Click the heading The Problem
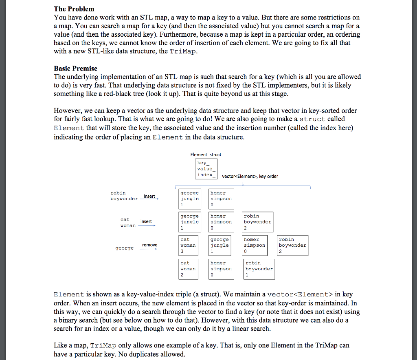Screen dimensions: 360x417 pos(74,9)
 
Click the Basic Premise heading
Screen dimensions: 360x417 pos(75,68)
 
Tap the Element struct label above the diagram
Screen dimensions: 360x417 pos(206,155)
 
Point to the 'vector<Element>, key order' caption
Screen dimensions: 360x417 pos(250,176)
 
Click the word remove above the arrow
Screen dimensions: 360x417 pos(149,245)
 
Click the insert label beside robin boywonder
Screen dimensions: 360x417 pos(149,196)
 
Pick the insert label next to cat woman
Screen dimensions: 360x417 pos(146,221)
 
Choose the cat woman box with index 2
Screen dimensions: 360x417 pos(188,269)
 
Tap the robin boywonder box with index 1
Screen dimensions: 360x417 pos(259,269)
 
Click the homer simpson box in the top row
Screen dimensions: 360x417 pos(221,199)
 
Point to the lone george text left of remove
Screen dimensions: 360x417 pos(124,248)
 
